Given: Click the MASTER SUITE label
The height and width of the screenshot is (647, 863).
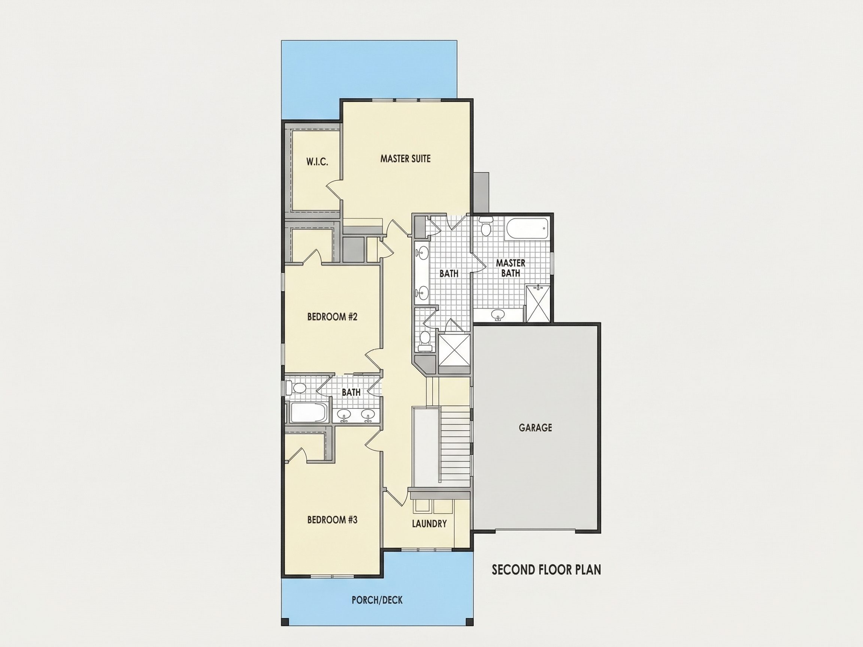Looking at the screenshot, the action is [x=405, y=159].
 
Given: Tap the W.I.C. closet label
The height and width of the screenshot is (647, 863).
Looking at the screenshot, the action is [x=317, y=162].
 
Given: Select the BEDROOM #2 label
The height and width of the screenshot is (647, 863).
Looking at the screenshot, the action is [x=332, y=317].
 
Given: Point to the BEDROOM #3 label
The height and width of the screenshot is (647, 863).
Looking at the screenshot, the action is [x=332, y=519].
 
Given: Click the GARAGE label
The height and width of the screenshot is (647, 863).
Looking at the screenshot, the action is [x=535, y=428].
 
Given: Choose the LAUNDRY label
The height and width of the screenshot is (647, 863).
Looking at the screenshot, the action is [x=429, y=523].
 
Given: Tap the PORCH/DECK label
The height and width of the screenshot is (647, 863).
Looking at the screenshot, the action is [x=377, y=600].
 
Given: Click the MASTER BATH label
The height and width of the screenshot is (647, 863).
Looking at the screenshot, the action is [x=510, y=268].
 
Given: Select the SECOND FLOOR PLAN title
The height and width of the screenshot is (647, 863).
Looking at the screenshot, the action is [x=546, y=570].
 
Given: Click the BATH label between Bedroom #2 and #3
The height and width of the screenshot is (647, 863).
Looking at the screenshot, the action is [x=351, y=392].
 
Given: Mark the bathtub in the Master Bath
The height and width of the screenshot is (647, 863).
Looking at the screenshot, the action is [x=527, y=229].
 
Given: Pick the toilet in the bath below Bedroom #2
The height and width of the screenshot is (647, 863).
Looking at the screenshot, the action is [x=296, y=388].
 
